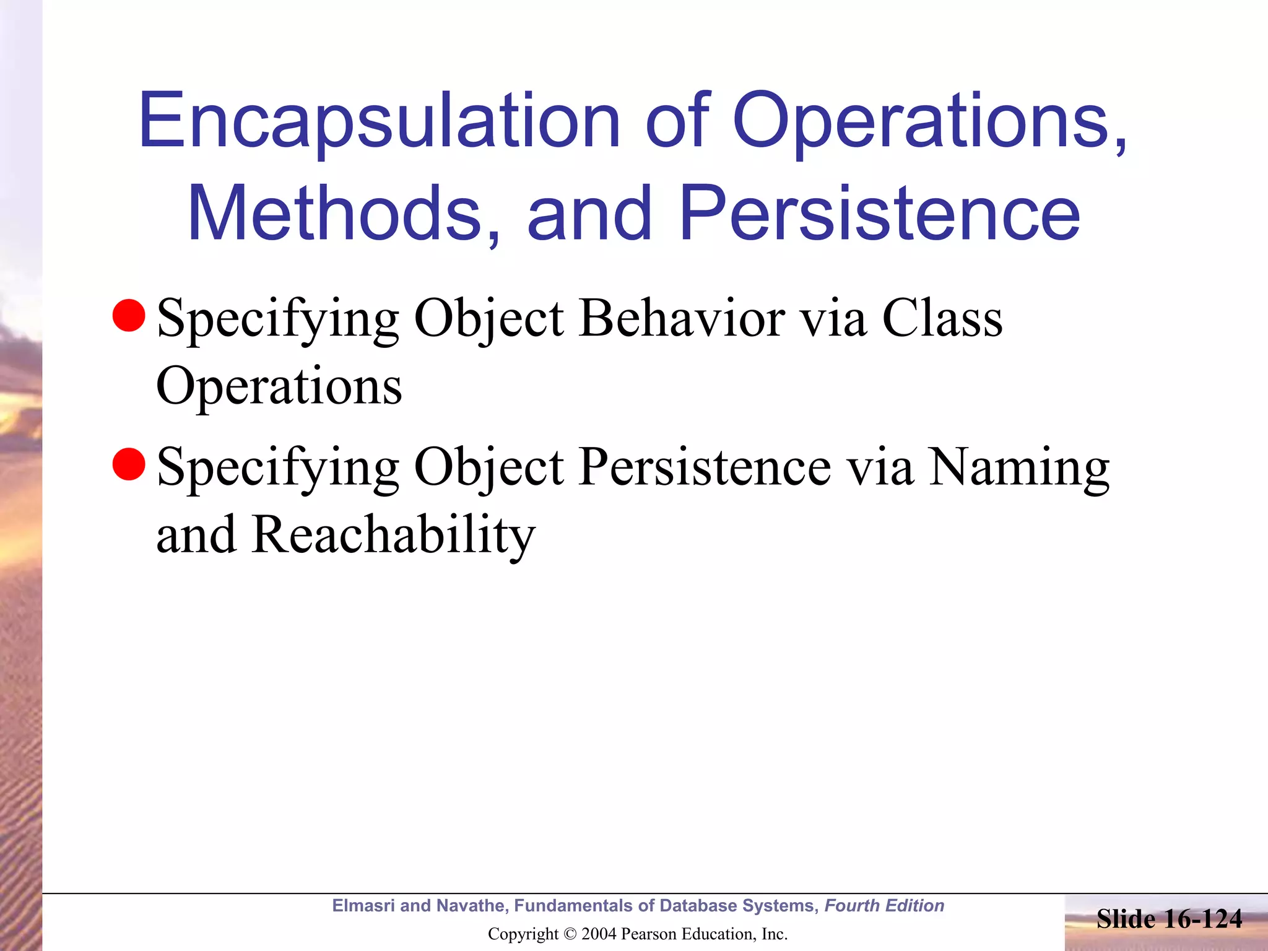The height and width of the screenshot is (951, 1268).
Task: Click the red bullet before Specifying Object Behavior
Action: tap(129, 315)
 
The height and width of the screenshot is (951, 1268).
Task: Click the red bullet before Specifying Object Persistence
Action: tap(129, 464)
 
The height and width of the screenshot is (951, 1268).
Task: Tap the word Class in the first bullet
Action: tap(941, 318)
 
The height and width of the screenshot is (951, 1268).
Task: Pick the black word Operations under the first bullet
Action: tap(279, 387)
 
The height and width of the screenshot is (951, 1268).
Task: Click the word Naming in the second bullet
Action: tap(1018, 467)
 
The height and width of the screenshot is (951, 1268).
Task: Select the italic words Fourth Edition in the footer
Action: tap(884, 906)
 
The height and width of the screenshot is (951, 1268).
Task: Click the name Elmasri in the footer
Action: tap(363, 906)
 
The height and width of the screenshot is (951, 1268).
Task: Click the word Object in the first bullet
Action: tap(489, 318)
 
